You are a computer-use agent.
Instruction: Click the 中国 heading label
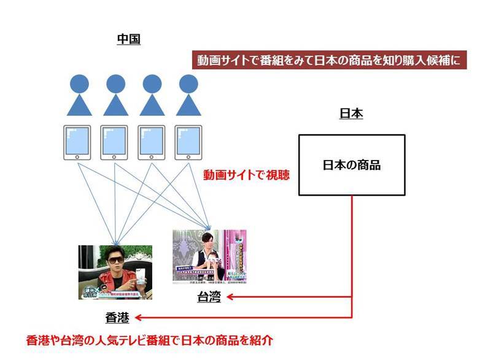coord(129,40)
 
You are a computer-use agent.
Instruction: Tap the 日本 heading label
coord(351,114)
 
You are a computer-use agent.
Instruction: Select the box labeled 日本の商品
coord(351,165)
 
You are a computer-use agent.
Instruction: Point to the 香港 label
coord(117,318)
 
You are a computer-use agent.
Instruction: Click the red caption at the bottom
coord(149,339)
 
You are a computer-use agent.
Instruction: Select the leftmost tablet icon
coord(77,144)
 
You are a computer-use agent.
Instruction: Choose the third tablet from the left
coord(151,144)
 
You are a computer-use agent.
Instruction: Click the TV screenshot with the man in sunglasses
coord(115,272)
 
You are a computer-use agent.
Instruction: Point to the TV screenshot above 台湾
coord(209,256)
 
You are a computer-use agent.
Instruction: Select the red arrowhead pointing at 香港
coord(139,318)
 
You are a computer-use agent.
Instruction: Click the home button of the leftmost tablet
coord(77,158)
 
